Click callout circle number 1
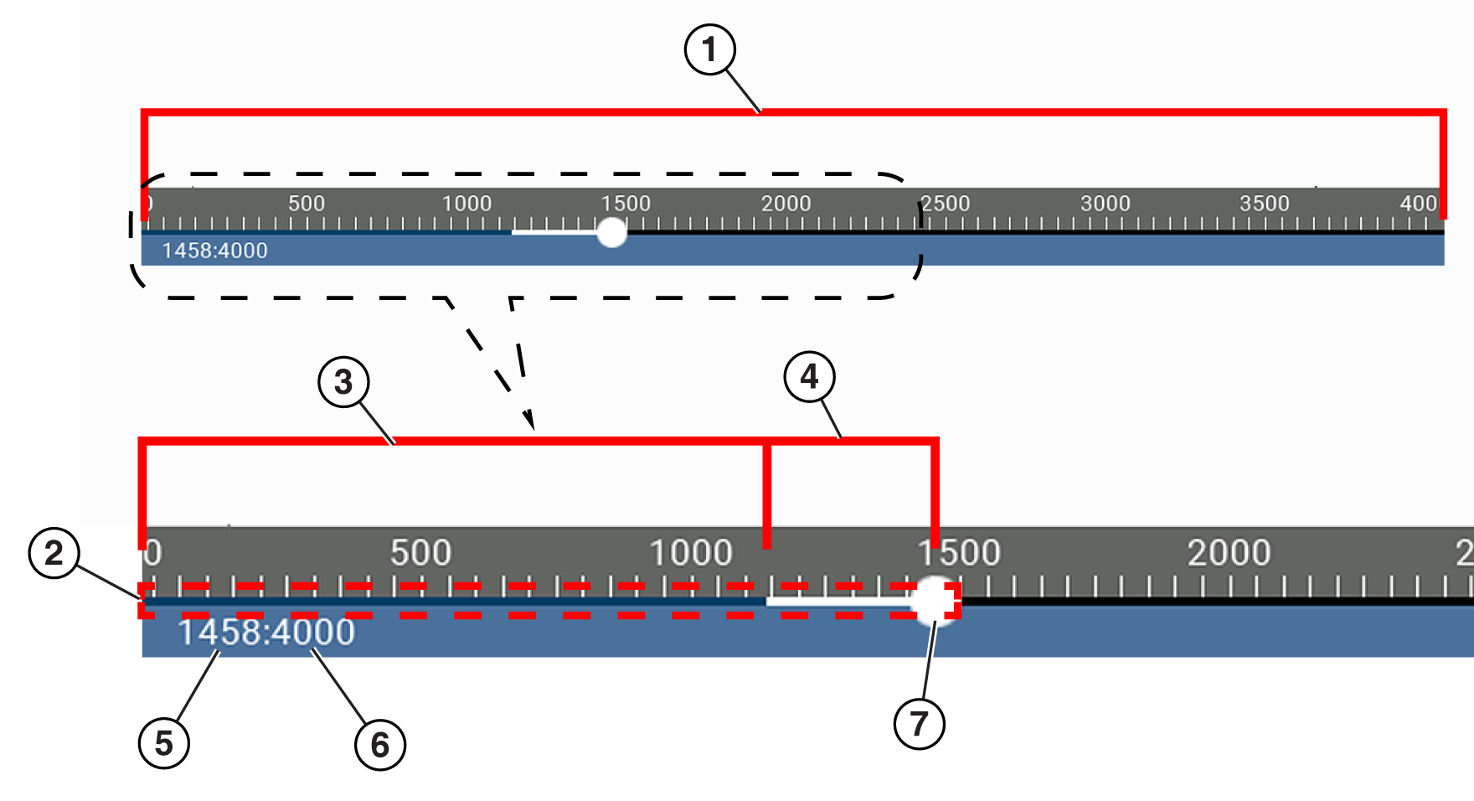[709, 49]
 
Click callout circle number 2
[54, 553]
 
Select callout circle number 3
[343, 382]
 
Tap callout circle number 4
[809, 377]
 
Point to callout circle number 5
[164, 743]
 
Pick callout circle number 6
[380, 745]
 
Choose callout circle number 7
[919, 724]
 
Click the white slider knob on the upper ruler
[612, 232]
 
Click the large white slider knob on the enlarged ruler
[934, 601]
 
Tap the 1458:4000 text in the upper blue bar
[214, 251]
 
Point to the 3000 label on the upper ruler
[1105, 204]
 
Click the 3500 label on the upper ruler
[1264, 204]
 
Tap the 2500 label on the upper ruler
[945, 204]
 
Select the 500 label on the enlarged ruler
[420, 553]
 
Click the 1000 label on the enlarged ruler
[691, 553]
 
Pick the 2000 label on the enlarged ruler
[1229, 553]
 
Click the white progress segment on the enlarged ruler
[837, 601]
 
